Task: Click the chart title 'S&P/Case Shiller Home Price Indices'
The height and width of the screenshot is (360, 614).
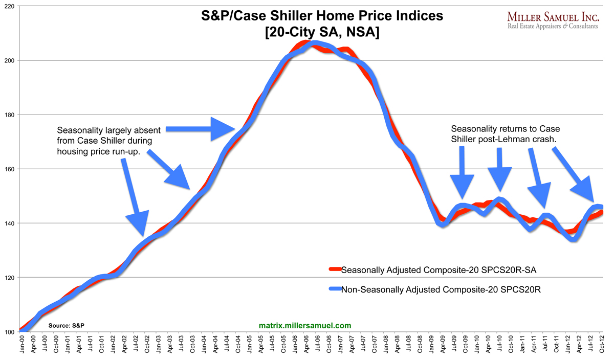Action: tap(321, 17)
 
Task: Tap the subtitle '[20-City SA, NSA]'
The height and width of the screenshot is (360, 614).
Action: tap(321, 33)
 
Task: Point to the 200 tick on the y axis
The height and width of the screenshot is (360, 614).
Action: tap(9, 60)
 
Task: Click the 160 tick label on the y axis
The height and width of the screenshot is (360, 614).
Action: tap(9, 169)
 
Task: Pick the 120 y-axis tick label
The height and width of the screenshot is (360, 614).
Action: tap(9, 278)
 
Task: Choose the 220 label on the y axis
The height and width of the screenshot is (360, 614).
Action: tap(9, 6)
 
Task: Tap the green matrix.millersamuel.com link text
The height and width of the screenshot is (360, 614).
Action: tap(305, 325)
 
